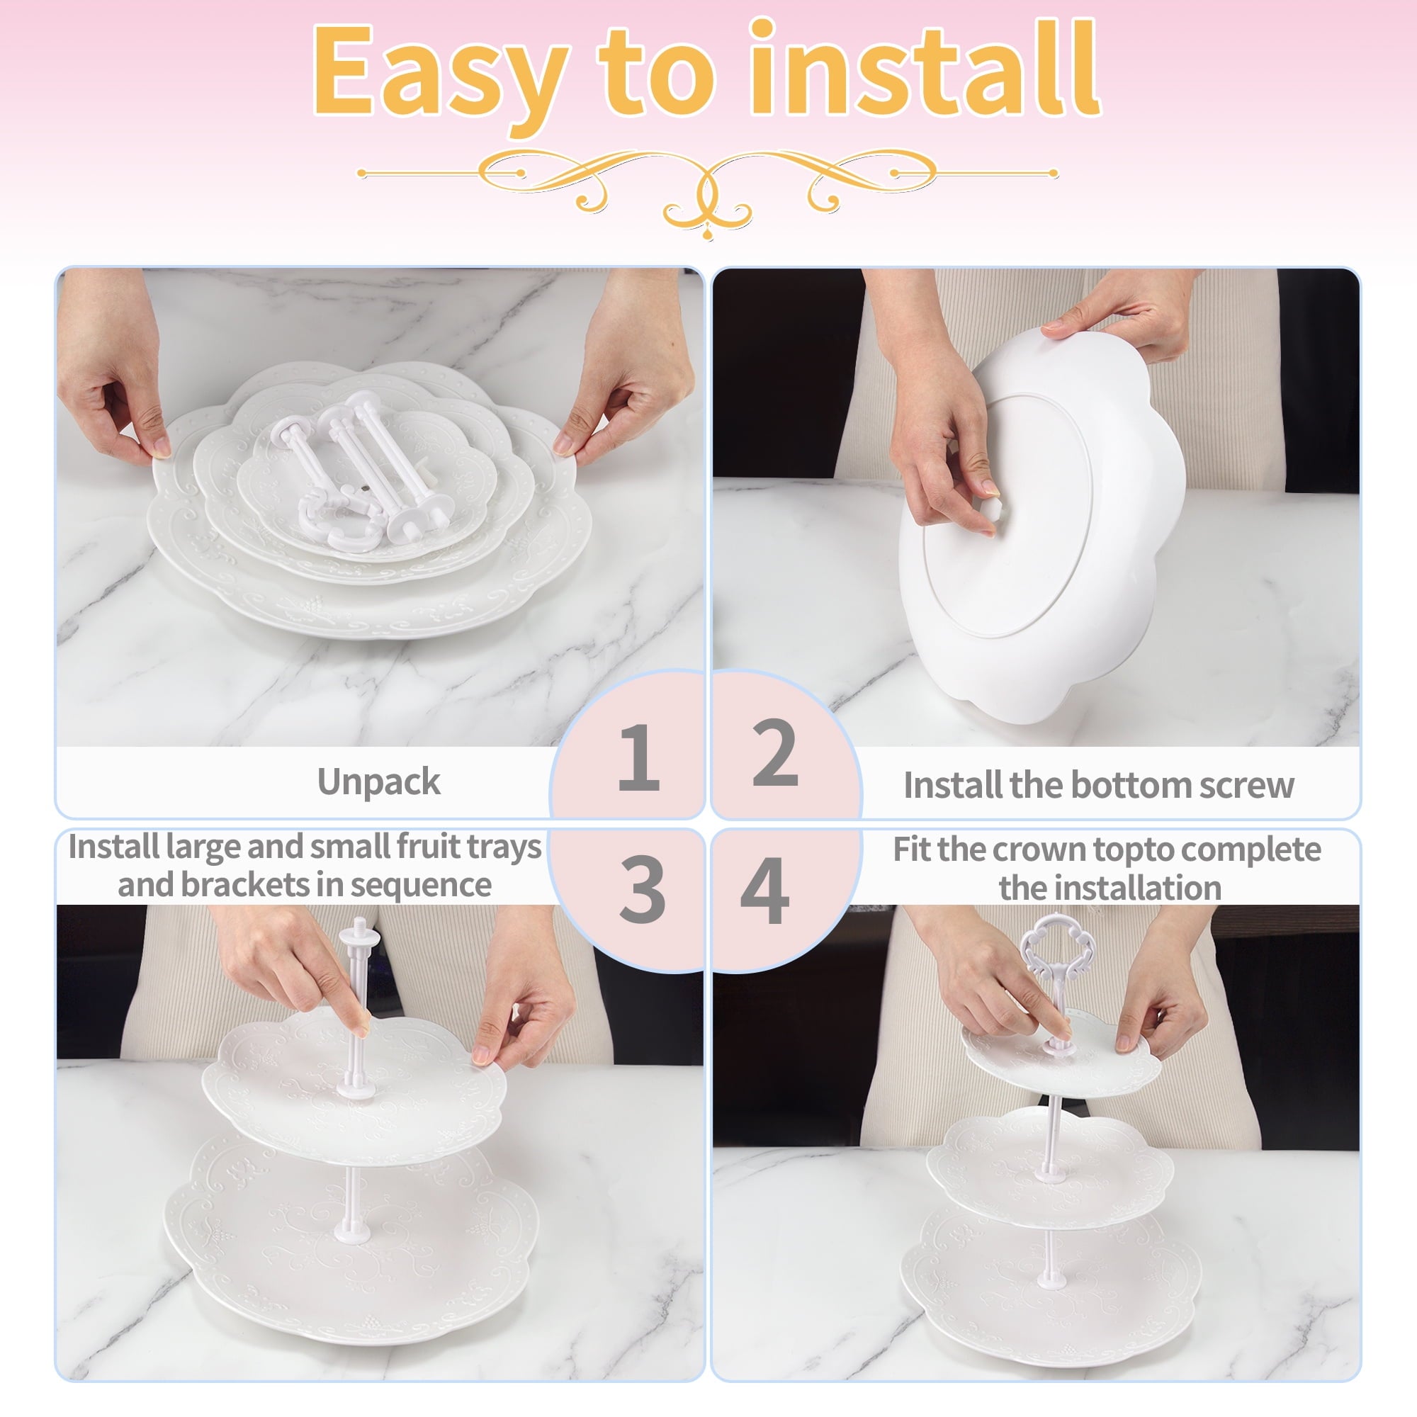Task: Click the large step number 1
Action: (x=639, y=757)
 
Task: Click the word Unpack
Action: (x=378, y=783)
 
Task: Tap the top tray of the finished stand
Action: (x=1061, y=1051)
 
